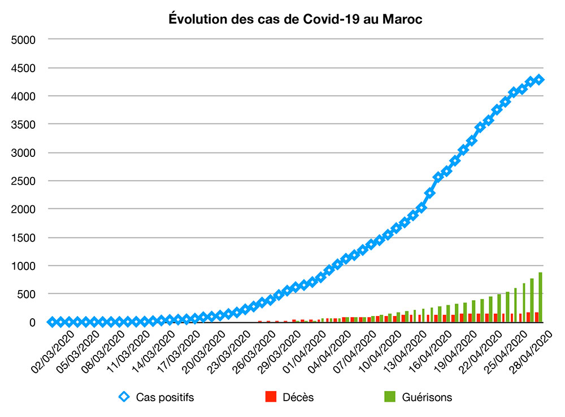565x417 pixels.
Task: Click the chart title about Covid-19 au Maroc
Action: click(296, 20)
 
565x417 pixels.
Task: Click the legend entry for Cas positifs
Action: click(164, 397)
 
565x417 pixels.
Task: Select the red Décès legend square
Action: click(270, 397)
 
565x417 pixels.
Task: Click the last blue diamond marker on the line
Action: click(539, 80)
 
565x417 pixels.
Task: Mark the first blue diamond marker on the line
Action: click(53, 322)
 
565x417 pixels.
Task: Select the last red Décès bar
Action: click(537, 317)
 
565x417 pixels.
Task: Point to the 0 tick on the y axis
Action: click(34, 322)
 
